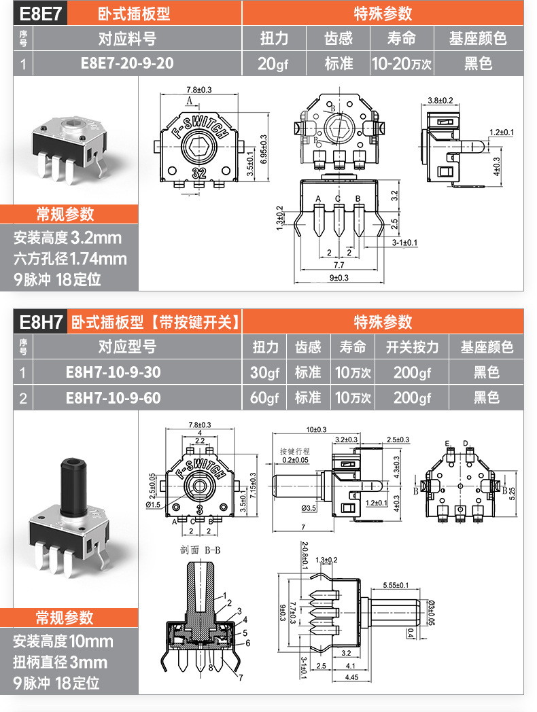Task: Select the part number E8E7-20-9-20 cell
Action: click(127, 64)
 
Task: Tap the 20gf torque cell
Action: click(274, 64)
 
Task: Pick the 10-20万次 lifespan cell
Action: click(401, 64)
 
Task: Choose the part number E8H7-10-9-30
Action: click(114, 372)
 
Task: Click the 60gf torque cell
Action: click(264, 397)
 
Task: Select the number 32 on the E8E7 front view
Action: click(200, 172)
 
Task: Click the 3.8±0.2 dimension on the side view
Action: click(440, 101)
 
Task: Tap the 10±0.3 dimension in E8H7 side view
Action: click(316, 429)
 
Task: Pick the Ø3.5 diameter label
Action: click(309, 508)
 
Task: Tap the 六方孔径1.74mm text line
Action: click(70, 259)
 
